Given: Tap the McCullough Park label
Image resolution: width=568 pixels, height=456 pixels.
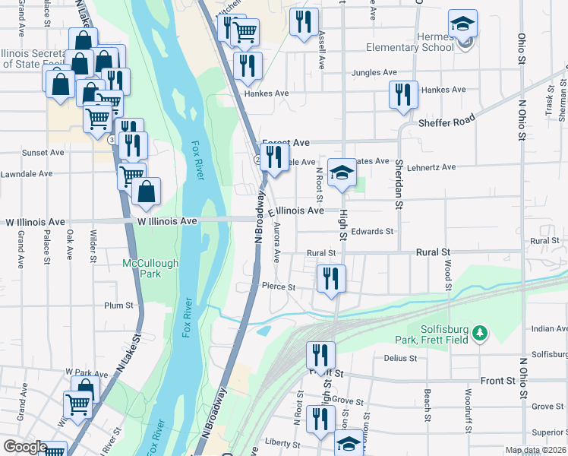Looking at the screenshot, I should pos(150,269).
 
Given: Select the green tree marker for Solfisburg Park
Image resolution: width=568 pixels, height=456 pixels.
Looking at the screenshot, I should pos(479,334).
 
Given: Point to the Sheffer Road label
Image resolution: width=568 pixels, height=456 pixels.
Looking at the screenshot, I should pos(447,121).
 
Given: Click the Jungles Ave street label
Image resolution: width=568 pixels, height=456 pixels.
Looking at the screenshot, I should pos(374,73).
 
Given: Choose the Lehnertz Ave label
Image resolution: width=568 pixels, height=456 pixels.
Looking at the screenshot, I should pos(431,167).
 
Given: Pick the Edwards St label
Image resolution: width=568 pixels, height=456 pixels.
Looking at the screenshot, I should pos(372,232).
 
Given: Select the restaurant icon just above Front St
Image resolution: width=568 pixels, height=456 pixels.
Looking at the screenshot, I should pos(320,356).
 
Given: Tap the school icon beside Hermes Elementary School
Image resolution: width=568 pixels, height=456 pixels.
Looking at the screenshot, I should pos(462,26).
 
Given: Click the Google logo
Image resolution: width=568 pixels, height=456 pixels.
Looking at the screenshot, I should pos(25,447).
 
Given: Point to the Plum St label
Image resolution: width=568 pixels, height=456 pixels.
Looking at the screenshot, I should pos(118,306).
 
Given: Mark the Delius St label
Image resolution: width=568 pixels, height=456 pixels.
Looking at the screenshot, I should pos(401,358).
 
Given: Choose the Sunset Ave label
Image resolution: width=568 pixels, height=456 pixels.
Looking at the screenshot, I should pos(43,153).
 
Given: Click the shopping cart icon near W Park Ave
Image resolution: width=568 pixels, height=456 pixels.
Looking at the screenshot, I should pos(78,403).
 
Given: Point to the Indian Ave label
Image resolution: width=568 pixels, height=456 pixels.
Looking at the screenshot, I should pos(549,328).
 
